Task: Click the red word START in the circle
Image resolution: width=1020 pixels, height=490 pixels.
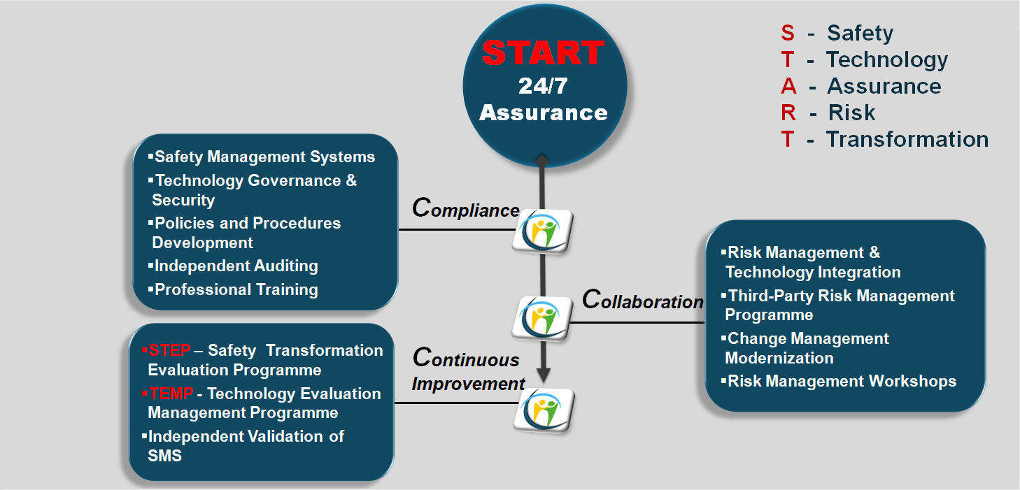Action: tap(544, 53)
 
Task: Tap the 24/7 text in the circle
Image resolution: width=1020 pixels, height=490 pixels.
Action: tap(544, 85)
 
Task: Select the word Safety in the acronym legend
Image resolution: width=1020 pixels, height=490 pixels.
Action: tap(860, 33)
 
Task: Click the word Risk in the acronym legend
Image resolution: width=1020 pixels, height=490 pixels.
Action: tap(851, 113)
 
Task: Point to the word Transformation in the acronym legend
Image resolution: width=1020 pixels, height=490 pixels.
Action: tap(907, 139)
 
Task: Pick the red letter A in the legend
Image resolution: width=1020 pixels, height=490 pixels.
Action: tap(788, 86)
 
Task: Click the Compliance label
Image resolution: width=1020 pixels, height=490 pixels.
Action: tap(466, 208)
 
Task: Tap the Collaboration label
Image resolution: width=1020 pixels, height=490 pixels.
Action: tap(642, 300)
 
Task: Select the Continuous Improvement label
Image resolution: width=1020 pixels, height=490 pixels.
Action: tap(468, 370)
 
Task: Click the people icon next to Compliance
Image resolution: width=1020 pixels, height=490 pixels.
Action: tap(543, 230)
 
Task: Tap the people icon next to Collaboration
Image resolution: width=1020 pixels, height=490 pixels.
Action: tap(543, 318)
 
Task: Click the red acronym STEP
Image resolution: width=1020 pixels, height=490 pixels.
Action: tap(169, 350)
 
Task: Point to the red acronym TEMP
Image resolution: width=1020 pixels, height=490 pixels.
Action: tap(171, 394)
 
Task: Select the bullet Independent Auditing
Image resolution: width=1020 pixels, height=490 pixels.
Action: tap(236, 266)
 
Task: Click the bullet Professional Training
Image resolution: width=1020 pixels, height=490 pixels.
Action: tap(236, 289)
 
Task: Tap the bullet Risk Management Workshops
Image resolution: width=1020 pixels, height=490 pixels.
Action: tap(842, 381)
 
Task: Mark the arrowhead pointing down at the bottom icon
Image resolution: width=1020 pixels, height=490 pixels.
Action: tap(544, 375)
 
